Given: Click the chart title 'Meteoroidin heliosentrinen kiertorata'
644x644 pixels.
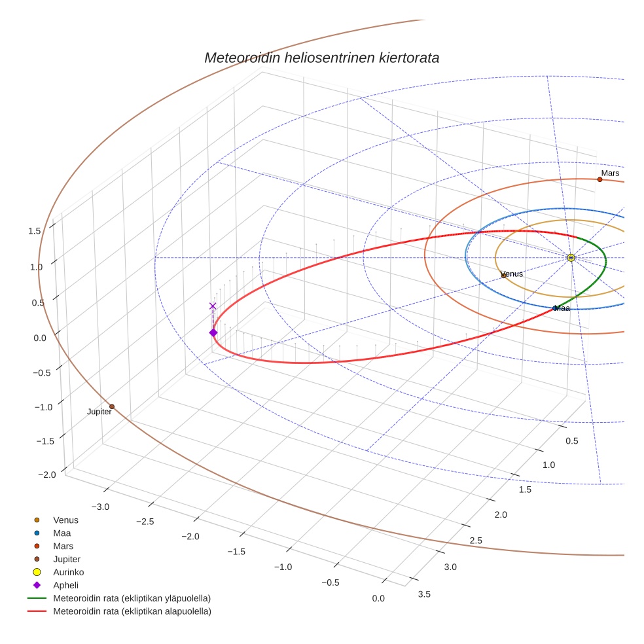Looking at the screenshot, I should [321, 58].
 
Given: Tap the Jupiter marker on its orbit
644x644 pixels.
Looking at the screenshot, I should [112, 406].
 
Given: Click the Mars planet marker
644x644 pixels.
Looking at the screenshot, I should [599, 179].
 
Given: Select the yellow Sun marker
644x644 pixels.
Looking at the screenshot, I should [571, 258].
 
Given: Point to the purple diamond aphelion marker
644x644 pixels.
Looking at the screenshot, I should [213, 333].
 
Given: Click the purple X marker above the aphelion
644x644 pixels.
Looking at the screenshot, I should [213, 306].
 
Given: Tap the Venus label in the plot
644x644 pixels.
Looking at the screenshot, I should [512, 274].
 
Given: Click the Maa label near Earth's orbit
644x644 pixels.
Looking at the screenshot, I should [562, 308].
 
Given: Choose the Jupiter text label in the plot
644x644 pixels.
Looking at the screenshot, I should [99, 412].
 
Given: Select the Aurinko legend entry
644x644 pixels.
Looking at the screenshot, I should [69, 572].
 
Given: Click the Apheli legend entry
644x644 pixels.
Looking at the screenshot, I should [65, 585].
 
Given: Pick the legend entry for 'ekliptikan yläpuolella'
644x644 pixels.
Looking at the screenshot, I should [132, 598].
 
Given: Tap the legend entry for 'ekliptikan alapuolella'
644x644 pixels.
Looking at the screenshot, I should [132, 611].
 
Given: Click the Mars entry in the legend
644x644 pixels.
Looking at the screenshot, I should [63, 546].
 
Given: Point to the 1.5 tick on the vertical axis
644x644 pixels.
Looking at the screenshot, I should [35, 230].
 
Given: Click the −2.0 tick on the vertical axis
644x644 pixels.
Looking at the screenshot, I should [31, 474].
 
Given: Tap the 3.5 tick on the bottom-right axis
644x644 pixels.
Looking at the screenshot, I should [423, 594].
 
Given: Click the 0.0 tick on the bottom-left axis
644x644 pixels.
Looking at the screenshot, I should [378, 598].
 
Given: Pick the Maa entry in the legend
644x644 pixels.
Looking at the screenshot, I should [62, 533].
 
